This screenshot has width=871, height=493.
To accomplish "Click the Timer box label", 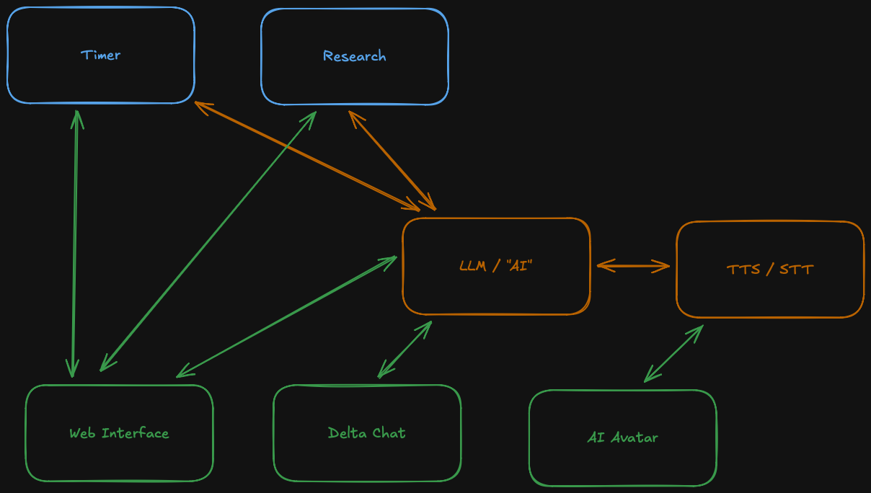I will (100, 55).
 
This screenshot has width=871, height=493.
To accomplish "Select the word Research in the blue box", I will (354, 56).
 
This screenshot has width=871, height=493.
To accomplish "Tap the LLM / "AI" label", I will (496, 265).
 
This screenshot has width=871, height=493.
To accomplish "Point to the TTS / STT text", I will (770, 270).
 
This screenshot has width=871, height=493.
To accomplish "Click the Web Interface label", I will (119, 433).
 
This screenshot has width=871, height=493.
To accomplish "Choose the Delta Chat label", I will (366, 433).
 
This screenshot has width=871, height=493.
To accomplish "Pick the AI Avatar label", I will (622, 437).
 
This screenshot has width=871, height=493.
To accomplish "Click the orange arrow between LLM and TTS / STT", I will (633, 267).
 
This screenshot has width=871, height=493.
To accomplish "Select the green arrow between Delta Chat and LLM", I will (404, 350).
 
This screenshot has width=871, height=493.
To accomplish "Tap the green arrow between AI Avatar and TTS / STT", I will (673, 353).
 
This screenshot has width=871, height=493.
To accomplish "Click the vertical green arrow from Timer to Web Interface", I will (74, 245).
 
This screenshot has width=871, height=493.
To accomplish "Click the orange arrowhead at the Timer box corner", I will (202, 107).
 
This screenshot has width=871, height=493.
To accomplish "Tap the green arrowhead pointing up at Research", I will (311, 117).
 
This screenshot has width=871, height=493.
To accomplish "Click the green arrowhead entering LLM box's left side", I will (391, 259).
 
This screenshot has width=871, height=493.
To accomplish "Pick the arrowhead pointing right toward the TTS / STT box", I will (665, 267).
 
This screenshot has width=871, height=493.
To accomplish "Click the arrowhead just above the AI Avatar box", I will (649, 376).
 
